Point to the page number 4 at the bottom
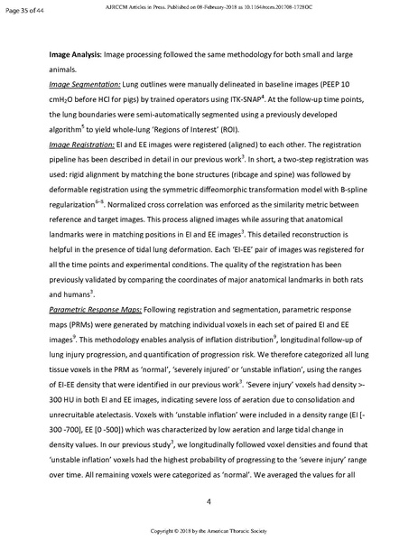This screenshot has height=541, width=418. click(209, 501)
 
